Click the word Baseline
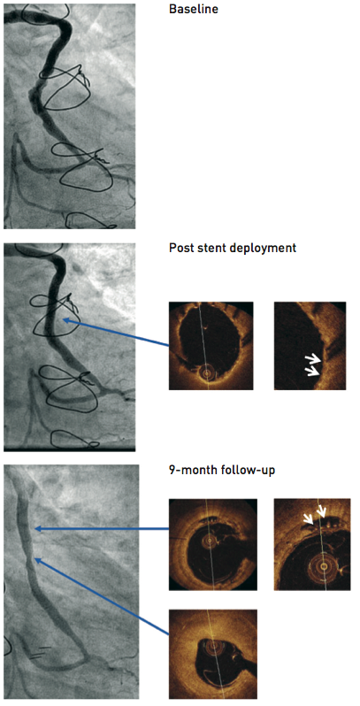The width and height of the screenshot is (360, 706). click(194, 9)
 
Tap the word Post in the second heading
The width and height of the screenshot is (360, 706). click(180, 248)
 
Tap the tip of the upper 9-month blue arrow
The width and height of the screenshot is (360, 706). click(35, 529)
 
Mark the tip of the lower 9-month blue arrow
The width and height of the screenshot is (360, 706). click(35, 560)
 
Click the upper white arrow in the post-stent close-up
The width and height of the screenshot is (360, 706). click(315, 359)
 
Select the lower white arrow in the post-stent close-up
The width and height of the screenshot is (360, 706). click(313, 371)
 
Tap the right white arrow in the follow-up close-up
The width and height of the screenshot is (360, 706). click(321, 512)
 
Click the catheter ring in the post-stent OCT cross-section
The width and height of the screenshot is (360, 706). click(207, 372)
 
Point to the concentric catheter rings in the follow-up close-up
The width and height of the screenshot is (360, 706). click(323, 565)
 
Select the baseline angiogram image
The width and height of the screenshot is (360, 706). click(69, 116)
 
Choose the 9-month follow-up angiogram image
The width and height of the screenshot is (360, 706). click(71, 582)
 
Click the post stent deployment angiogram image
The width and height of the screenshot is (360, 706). click(69, 347)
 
